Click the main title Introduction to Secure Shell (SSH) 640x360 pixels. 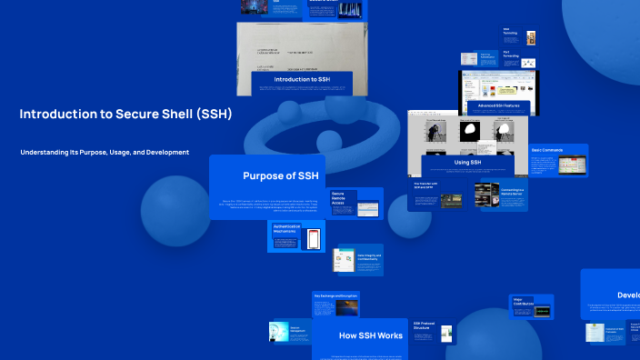pos(125,114)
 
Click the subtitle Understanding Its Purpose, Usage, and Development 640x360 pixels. pos(105,152)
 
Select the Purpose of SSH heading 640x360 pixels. pos(281,175)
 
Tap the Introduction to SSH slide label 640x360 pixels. pos(302,80)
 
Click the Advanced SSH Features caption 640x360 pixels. pos(499,106)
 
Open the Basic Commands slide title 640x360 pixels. pos(547,149)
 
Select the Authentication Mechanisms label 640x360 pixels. pos(286,228)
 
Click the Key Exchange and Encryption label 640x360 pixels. pos(336,295)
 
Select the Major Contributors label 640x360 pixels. pos(521,300)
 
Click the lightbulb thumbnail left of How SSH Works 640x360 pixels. pos(279,332)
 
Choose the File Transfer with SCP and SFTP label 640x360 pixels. pos(426,185)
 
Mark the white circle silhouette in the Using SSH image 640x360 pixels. pos(470,129)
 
